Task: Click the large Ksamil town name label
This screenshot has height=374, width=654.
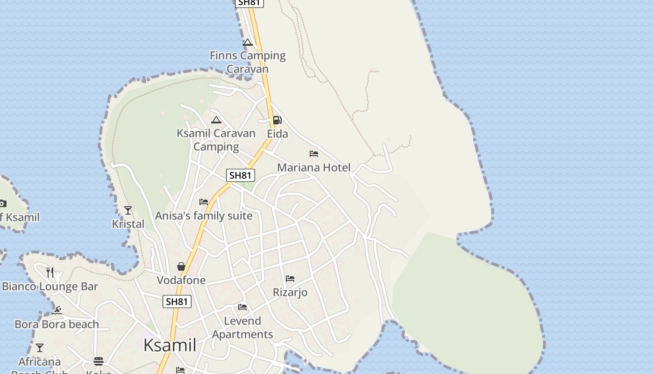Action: (x=170, y=345)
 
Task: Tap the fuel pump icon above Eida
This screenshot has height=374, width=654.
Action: (x=277, y=120)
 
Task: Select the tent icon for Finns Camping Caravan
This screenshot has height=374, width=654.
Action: (x=248, y=43)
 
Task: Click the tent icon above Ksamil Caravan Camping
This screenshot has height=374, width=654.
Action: (x=216, y=120)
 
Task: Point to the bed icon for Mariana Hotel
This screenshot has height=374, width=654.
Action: (x=314, y=154)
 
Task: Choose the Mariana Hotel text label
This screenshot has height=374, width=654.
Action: (x=313, y=167)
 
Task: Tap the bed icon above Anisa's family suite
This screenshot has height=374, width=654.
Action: (x=204, y=202)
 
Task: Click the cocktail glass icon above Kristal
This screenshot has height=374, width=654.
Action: (x=128, y=210)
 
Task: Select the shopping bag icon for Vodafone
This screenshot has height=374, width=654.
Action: (x=181, y=266)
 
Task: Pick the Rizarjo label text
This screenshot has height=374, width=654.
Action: (x=290, y=292)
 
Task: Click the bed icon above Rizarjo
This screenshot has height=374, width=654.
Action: (x=290, y=279)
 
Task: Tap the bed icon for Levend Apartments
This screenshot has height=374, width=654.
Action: (x=242, y=307)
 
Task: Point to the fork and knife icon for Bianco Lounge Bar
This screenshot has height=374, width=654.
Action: (x=50, y=272)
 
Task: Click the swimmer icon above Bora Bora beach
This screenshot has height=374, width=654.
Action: (x=57, y=310)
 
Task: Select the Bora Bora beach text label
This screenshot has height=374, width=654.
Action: (x=57, y=324)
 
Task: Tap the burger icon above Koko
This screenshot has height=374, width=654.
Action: (x=99, y=361)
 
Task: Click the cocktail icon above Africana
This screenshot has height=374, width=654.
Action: (x=40, y=348)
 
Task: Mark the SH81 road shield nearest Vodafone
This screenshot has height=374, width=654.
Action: (x=177, y=302)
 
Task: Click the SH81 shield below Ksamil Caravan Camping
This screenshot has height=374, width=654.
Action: (x=241, y=175)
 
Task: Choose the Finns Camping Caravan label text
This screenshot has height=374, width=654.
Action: (x=248, y=62)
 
